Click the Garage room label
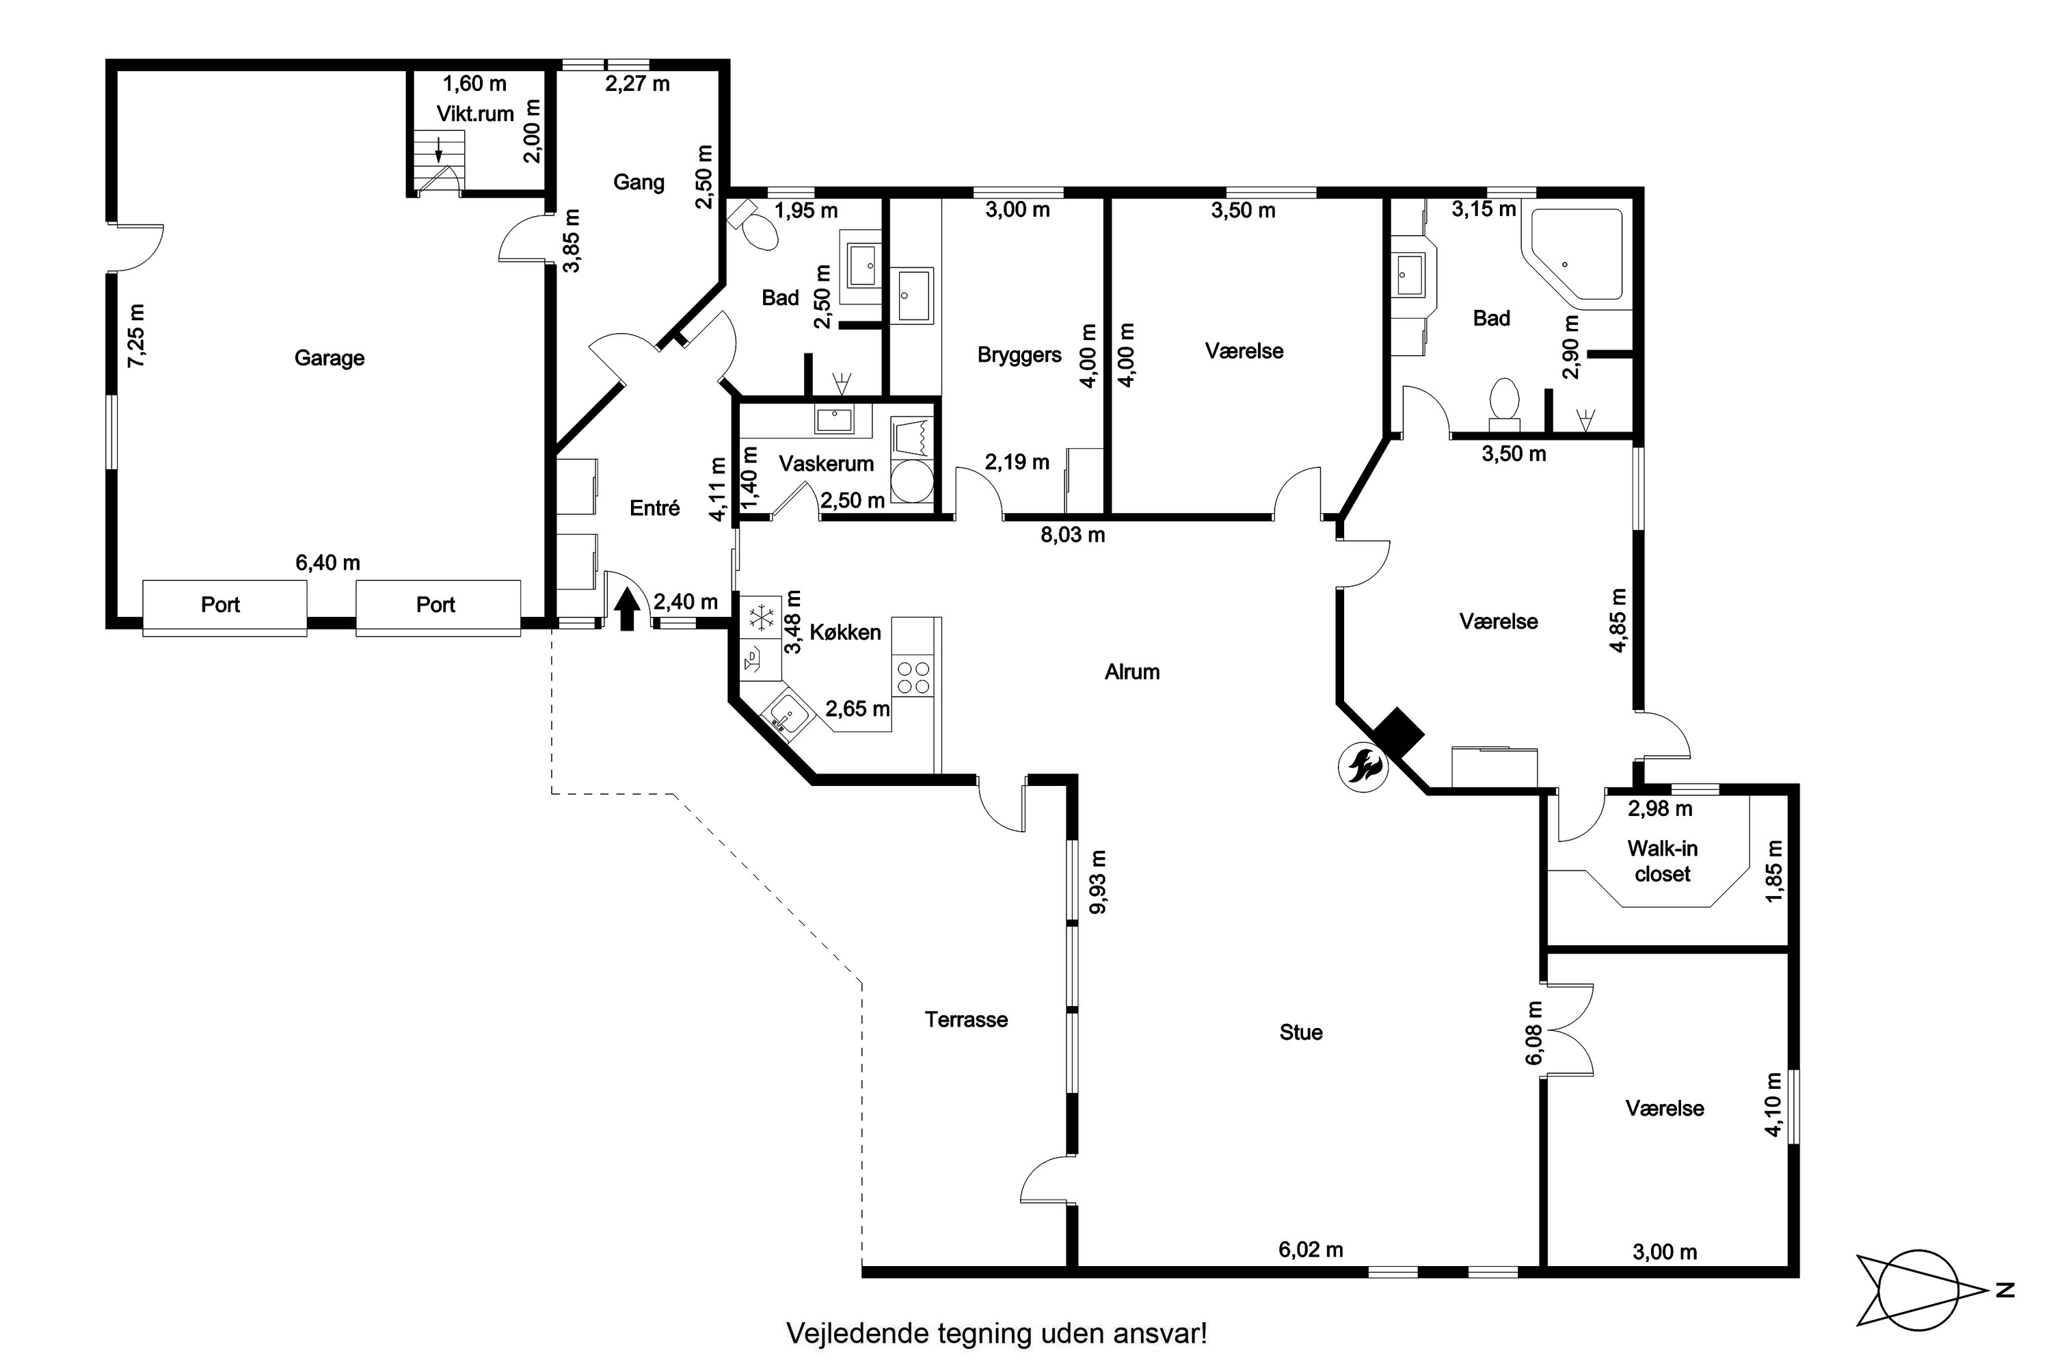pos(329,358)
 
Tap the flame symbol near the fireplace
pos(1363,767)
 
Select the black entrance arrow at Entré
pos(627,609)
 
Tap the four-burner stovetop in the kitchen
pos(913,677)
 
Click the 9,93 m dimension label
pos(1098,882)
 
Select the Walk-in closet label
pos(1662,861)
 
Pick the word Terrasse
pos(966,1019)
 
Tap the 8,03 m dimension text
pos(1073,535)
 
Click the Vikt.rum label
pos(475,114)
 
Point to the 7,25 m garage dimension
pos(137,336)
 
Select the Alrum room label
pos(1132,672)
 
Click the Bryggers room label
pos(1019,355)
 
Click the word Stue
pos(1301,1032)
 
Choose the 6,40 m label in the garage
pos(328,563)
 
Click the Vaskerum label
pos(826,463)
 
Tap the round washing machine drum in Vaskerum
pos(912,481)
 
